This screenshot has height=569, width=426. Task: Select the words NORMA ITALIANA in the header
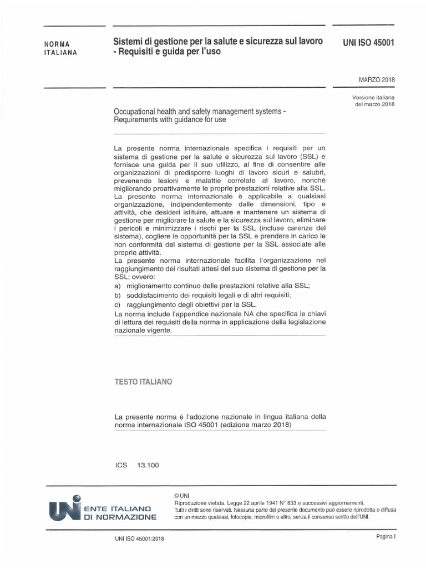(x=60, y=48)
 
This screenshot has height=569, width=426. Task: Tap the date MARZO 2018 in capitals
(x=377, y=79)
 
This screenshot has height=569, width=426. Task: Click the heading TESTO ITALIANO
(x=143, y=382)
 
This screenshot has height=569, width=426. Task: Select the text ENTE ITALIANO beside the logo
(x=119, y=508)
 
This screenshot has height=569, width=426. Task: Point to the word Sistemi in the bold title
(x=127, y=42)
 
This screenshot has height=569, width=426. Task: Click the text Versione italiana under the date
(x=374, y=98)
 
